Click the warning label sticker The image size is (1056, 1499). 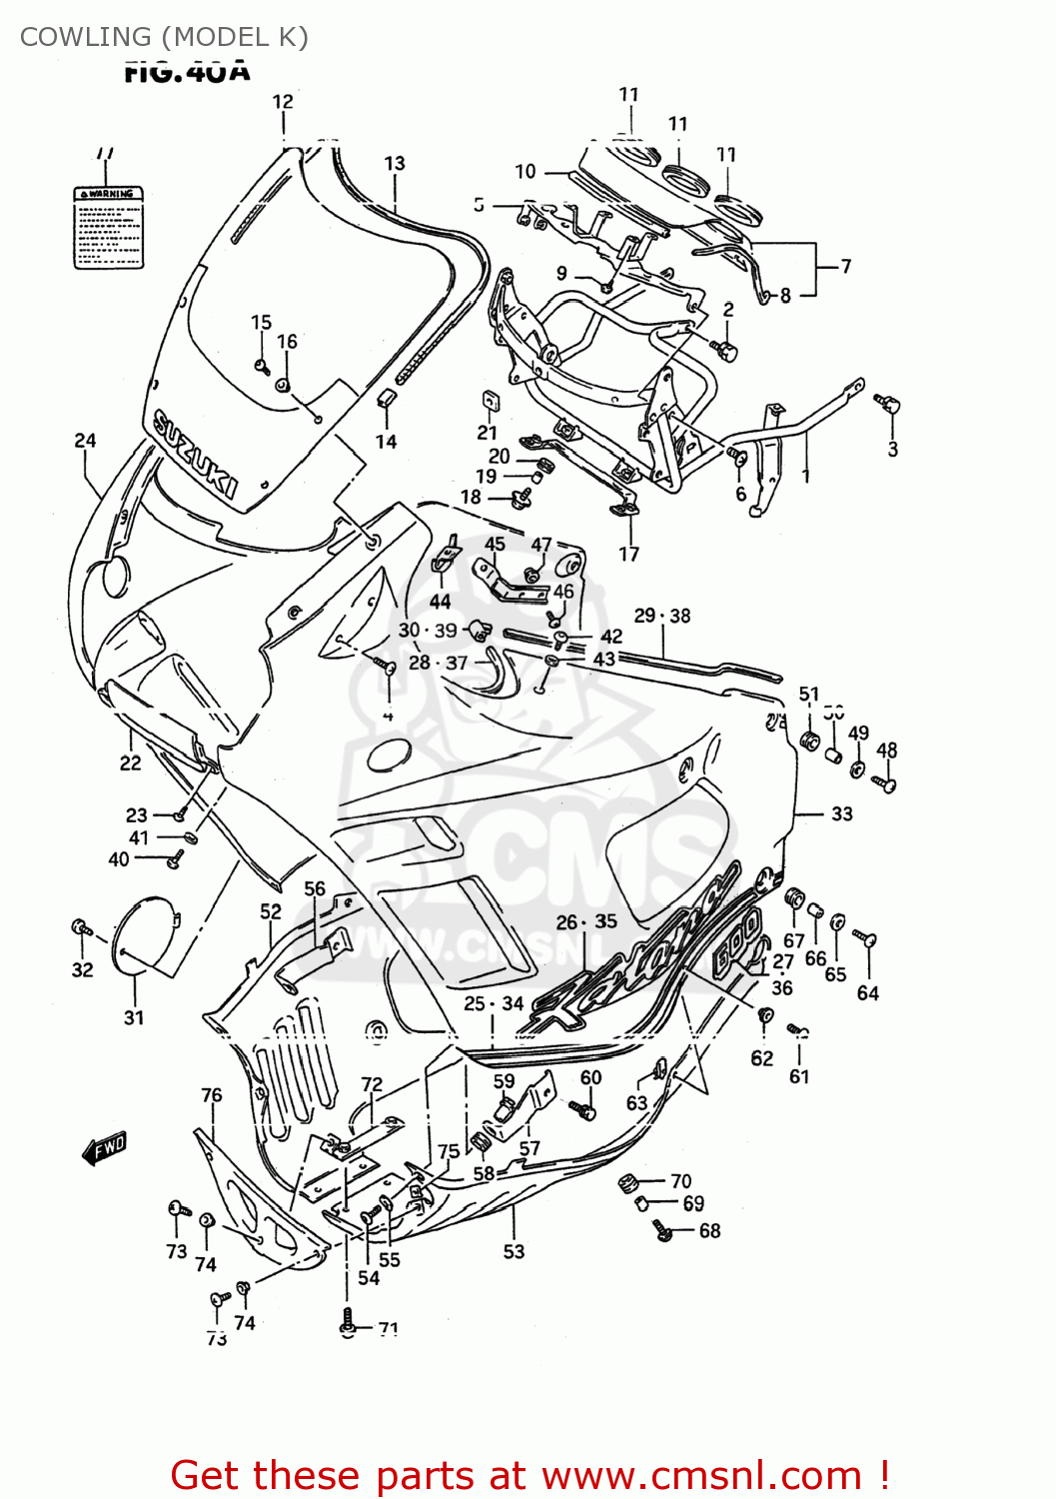coord(109,227)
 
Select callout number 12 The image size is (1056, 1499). coord(283,102)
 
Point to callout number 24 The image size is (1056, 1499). coord(85,441)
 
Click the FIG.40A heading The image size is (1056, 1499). coord(187,71)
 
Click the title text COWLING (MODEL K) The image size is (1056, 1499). coord(164,37)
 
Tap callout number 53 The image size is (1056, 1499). coord(514,1251)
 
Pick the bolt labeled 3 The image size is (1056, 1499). coord(887,405)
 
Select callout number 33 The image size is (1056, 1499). coord(841,813)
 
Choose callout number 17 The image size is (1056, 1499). coord(628,554)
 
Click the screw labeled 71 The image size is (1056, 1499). coord(347,1320)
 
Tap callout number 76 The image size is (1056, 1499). coord(212,1095)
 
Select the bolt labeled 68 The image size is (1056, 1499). coord(661,1230)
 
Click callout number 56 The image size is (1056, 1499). coord(315,888)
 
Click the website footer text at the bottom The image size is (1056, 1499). coord(529,1475)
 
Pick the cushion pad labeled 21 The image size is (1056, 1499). coord(489,401)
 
